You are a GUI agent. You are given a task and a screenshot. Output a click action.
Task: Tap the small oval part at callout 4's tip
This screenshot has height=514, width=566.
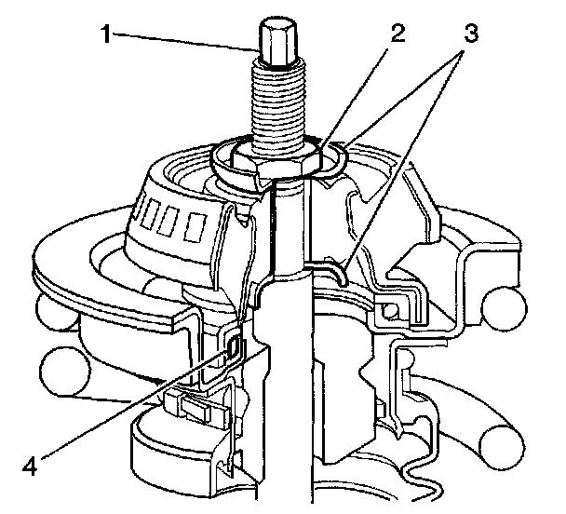[x=234, y=348]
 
